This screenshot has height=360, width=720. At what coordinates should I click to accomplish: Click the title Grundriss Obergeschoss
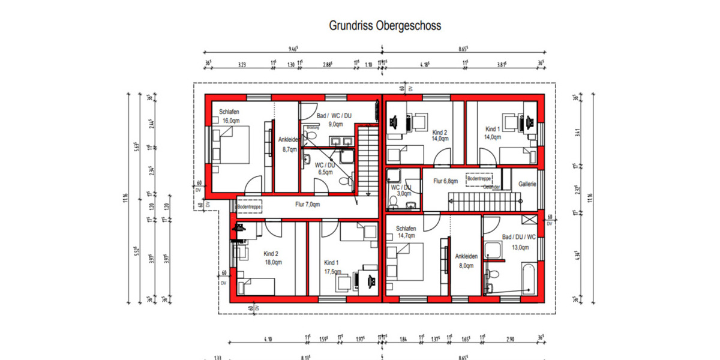[385, 26]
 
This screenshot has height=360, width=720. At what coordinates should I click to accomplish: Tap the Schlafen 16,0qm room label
[230, 116]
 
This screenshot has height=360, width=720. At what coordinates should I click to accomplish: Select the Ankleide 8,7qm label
[287, 145]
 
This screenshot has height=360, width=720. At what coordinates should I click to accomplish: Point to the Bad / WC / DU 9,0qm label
[335, 119]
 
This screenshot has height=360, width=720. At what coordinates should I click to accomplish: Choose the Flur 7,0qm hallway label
[307, 205]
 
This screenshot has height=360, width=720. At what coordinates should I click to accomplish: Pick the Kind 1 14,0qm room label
[493, 133]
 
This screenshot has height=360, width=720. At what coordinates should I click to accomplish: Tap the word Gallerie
[527, 184]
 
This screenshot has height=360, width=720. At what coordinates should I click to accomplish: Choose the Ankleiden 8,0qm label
[466, 260]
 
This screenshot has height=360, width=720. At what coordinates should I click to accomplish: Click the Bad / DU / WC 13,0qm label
[515, 242]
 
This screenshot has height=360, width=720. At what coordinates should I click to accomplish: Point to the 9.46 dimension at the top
[293, 49]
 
